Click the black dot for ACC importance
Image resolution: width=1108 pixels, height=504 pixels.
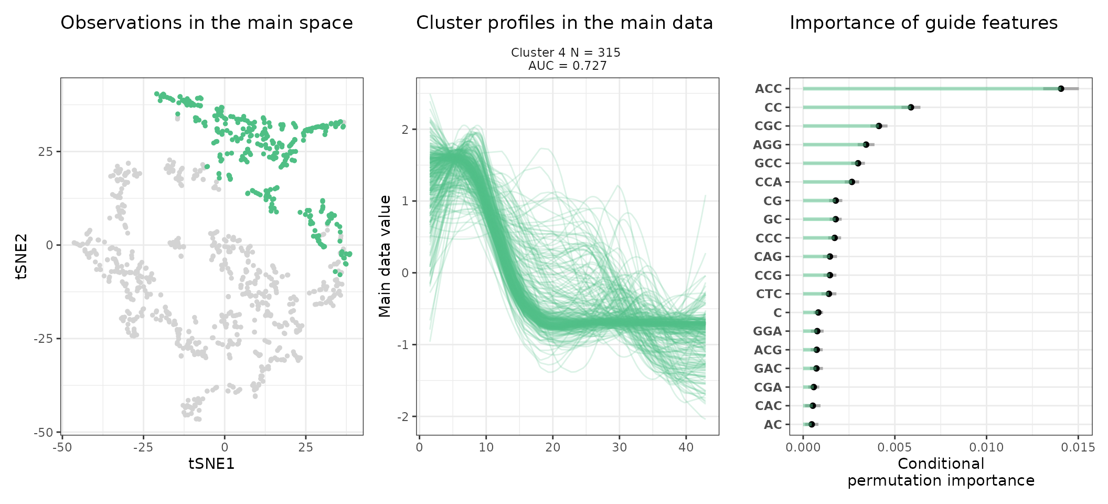(1061, 89)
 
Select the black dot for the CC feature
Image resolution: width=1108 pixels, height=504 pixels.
(911, 107)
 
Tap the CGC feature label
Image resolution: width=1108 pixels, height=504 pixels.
(768, 126)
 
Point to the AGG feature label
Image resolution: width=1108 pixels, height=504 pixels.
(768, 145)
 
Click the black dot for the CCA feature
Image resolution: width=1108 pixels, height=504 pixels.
(852, 182)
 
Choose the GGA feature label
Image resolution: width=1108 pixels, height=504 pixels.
(768, 331)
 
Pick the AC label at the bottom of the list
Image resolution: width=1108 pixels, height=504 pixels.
(773, 425)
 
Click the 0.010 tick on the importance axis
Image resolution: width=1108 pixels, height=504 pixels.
(986, 448)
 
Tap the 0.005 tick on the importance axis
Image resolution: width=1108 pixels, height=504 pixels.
(894, 448)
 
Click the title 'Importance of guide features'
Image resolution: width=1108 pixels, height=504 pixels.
(923, 23)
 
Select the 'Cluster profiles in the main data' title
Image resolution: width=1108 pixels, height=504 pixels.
(564, 23)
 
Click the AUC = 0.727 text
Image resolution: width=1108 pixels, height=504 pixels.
(567, 66)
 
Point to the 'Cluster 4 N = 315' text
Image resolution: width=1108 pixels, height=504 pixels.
(566, 52)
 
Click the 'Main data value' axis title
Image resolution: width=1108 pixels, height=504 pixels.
(385, 256)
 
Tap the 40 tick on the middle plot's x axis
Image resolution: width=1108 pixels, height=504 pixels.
(686, 448)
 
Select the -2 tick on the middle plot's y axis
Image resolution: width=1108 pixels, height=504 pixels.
(403, 417)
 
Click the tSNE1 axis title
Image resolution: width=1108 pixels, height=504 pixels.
(211, 464)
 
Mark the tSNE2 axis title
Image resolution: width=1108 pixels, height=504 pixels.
(22, 256)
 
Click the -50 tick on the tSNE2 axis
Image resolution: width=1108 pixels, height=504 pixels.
(43, 433)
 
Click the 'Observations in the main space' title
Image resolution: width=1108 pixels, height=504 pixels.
(207, 23)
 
